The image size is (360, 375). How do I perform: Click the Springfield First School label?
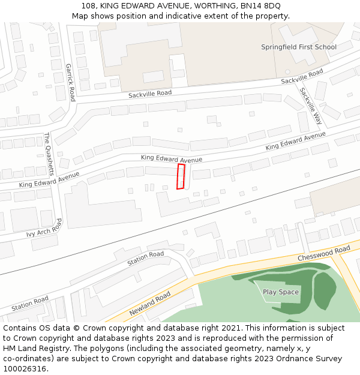point(298,47)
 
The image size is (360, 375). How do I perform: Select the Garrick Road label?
point(70,82)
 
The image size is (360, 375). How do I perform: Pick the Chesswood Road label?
point(324,253)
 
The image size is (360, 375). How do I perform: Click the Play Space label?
point(280,292)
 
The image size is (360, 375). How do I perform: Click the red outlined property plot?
point(181,177)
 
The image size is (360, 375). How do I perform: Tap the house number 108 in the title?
point(89,5)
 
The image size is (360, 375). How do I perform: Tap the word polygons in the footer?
point(101,349)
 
